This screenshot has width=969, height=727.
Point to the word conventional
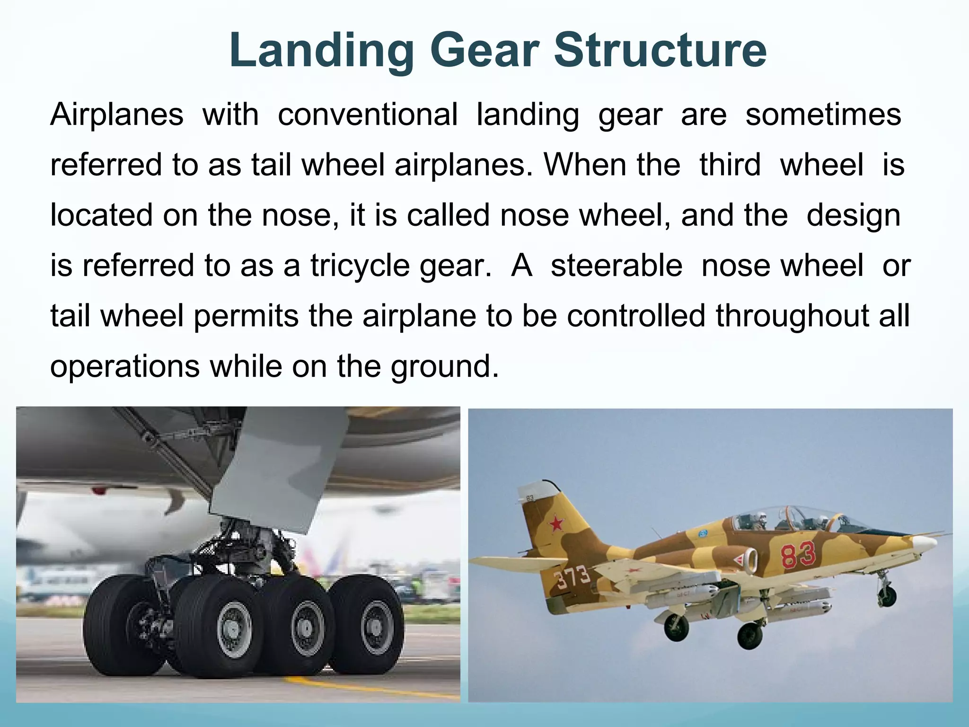pos(368,115)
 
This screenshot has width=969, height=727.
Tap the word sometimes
pos(823,115)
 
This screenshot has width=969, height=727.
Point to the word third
pos(730,165)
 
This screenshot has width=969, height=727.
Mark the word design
pos(853,215)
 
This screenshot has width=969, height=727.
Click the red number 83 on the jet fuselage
pos(798,555)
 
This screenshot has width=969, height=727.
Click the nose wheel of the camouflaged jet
pos(888,597)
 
